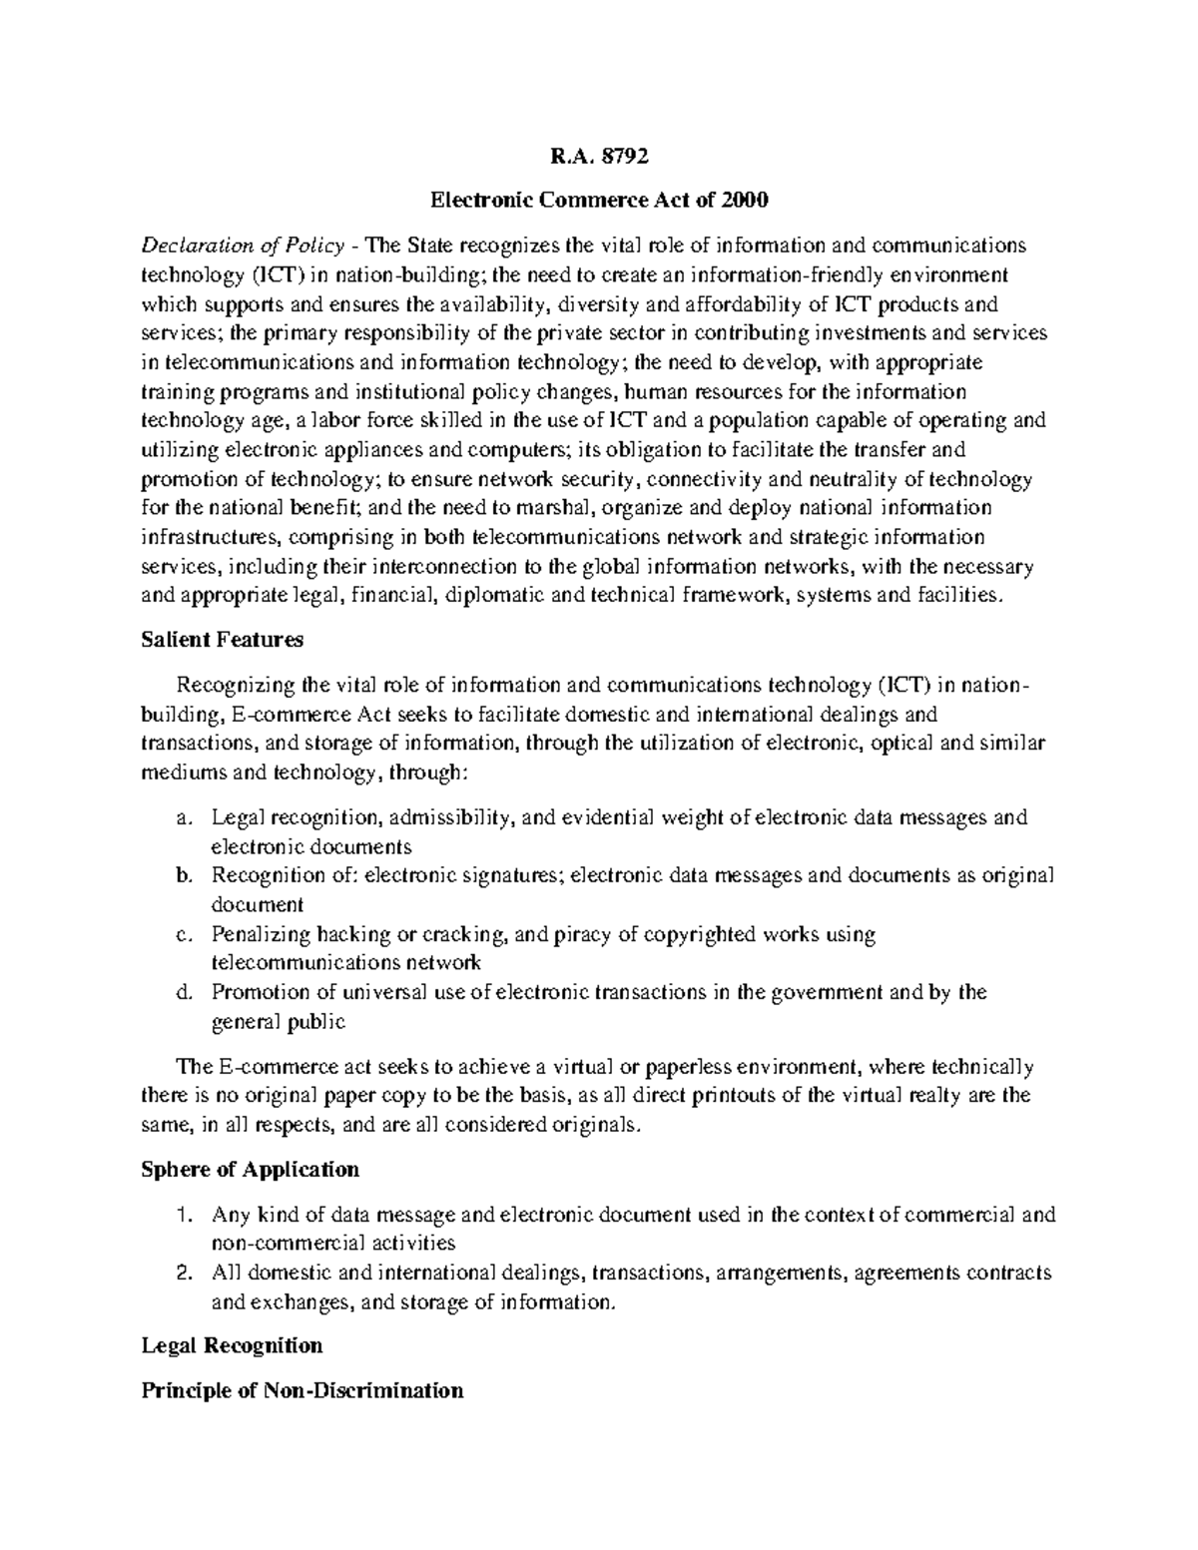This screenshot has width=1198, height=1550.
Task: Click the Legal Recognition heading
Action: click(232, 1345)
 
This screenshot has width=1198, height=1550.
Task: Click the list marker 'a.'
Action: click(182, 818)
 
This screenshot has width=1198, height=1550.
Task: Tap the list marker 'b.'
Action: click(182, 876)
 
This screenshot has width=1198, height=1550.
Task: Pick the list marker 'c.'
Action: click(182, 935)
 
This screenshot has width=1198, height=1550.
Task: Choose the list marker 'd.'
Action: click(182, 993)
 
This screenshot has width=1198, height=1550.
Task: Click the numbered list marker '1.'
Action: click(182, 1216)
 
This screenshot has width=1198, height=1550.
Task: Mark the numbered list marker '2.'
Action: click(182, 1274)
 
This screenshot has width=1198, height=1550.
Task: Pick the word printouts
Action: click(745, 1096)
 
